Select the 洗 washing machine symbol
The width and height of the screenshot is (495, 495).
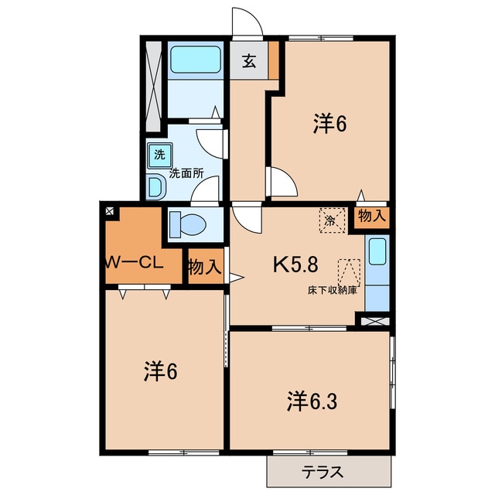[x=159, y=154]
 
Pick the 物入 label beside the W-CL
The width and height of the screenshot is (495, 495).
[x=205, y=268]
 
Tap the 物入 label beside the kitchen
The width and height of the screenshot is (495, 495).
[x=371, y=217]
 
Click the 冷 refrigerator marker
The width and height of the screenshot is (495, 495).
[x=330, y=220]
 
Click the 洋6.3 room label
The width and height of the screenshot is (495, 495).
[x=312, y=401]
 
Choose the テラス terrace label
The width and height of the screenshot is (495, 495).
[x=323, y=472]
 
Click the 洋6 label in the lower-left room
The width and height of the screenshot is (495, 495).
[x=160, y=371]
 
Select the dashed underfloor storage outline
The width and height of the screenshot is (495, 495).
[x=348, y=272]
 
